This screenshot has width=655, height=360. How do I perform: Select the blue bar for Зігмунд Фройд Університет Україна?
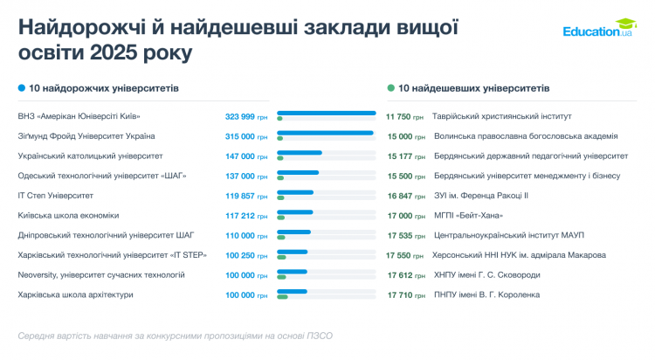coord(325,133)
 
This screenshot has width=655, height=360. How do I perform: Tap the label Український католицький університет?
coord(91,156)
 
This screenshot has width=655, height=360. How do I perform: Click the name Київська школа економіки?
coord(68,215)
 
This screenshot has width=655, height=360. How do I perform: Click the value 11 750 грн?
coord(404,116)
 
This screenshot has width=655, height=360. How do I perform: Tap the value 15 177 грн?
coord(404,156)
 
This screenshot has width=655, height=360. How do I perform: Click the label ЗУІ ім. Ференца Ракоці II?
coord(481,196)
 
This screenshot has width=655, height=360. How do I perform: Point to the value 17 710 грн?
coord(404,294)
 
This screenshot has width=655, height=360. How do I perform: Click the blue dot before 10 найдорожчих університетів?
coord(22,88)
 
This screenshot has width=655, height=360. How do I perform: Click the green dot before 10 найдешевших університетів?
coord(390,88)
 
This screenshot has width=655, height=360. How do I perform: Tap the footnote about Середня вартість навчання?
coord(175,336)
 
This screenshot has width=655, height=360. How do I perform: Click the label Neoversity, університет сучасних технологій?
coord(101,274)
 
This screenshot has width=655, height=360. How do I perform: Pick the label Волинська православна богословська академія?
coord(526,136)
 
